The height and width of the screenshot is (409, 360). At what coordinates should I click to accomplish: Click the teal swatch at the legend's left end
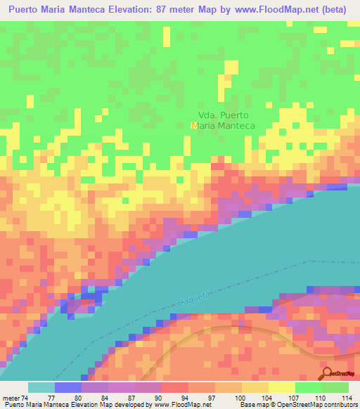click(41, 387)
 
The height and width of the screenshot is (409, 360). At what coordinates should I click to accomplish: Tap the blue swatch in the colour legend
click(68, 387)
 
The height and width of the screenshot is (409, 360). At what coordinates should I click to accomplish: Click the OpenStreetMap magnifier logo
click(328, 373)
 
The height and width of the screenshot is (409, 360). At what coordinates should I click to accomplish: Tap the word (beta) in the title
click(333, 11)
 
